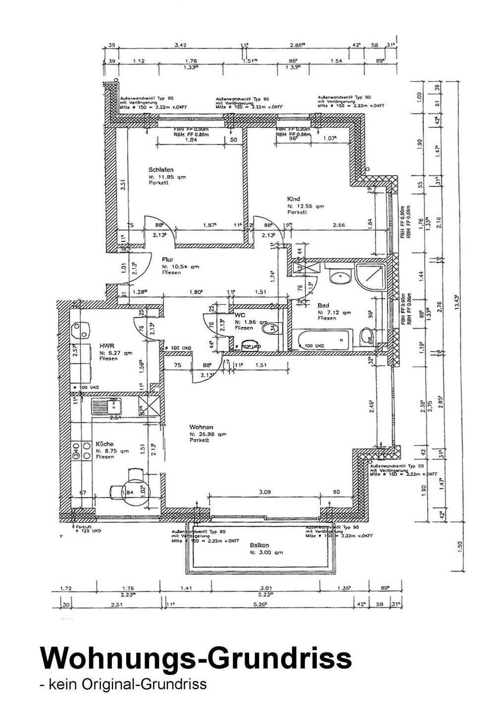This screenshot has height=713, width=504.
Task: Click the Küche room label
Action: pos(104,444)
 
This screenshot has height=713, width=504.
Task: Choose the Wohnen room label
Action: pos(201,427)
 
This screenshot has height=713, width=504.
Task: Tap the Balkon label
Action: pos(259,545)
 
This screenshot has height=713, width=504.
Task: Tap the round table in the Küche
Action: pos(135,490)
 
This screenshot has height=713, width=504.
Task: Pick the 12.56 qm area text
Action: pos(305,206)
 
